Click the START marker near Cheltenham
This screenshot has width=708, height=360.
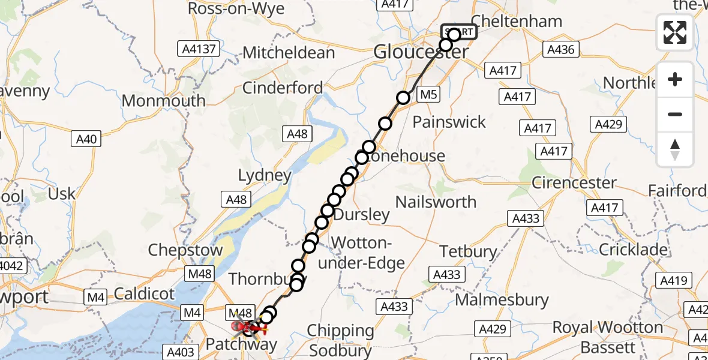tap(459, 32)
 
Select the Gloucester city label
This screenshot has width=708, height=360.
tap(421, 52)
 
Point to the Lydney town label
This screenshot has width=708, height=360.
tap(265, 176)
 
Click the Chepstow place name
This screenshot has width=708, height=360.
tap(185, 250)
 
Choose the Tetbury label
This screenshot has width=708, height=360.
tap(469, 251)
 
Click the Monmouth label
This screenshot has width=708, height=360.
tap(163, 100)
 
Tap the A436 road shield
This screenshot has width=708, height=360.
tap(561, 50)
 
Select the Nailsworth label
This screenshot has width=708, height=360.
tap(436, 202)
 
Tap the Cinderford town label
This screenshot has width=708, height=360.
tap(283, 88)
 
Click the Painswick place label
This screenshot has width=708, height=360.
tap(449, 122)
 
